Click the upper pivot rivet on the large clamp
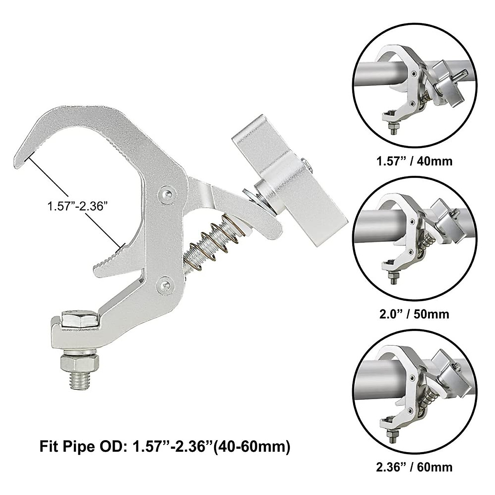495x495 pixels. [166, 193]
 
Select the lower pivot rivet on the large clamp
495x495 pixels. [165, 283]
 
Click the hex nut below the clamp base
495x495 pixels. [79, 363]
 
